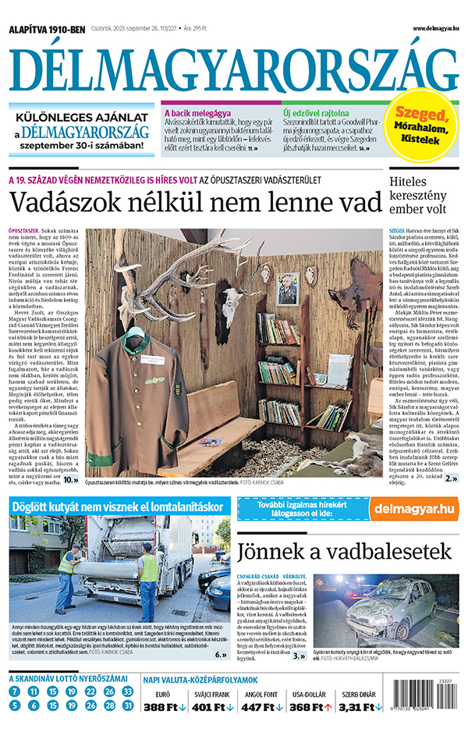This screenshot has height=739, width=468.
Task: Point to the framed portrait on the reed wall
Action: tap(289, 290)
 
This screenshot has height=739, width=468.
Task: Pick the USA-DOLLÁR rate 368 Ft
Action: tap(308, 708)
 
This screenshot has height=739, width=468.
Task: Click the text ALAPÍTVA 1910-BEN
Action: tap(46, 30)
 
